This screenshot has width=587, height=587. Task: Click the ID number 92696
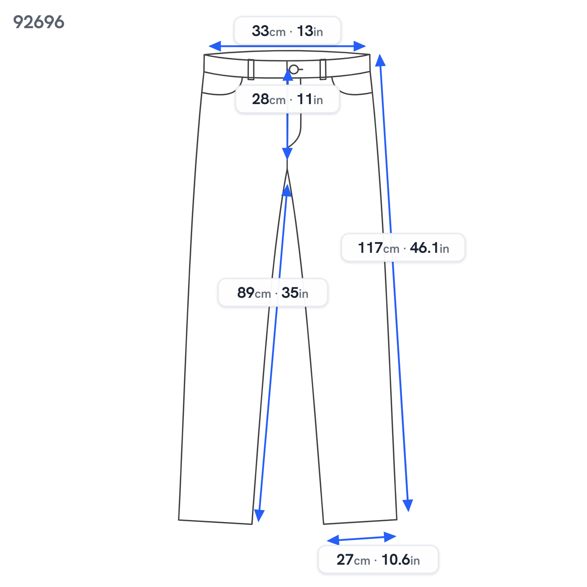[x=39, y=22]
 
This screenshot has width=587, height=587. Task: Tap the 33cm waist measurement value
[x=269, y=31]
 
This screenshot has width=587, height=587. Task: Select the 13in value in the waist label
[x=310, y=31]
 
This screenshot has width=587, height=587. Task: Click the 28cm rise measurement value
[x=269, y=99]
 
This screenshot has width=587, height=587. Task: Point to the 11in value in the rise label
[x=310, y=99]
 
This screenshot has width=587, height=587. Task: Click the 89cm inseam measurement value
[x=254, y=293]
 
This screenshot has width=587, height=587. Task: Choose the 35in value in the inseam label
[x=295, y=293]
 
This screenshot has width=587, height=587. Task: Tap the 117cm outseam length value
[x=379, y=248]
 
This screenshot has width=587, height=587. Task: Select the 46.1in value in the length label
[x=430, y=248]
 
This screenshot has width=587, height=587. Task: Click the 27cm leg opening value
[x=353, y=560]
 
